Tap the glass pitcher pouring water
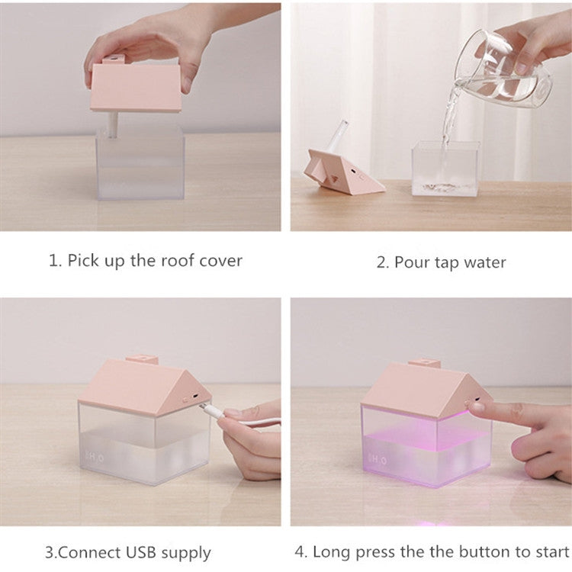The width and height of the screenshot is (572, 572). pos(502,67)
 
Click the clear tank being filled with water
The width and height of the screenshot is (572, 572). pos(445,169)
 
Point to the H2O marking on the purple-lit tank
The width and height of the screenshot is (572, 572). pos(378,460)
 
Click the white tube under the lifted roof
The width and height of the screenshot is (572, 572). pos(113,125)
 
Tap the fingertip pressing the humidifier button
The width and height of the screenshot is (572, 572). pos(475,406)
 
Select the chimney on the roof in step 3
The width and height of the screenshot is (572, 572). pos(143,359)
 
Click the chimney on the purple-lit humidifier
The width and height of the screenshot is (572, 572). pos(425,363)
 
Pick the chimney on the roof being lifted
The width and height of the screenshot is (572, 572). pos(114,59)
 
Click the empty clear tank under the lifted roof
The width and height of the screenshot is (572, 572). pos(140,164)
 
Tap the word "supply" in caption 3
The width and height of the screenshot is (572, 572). pos(186,553)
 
